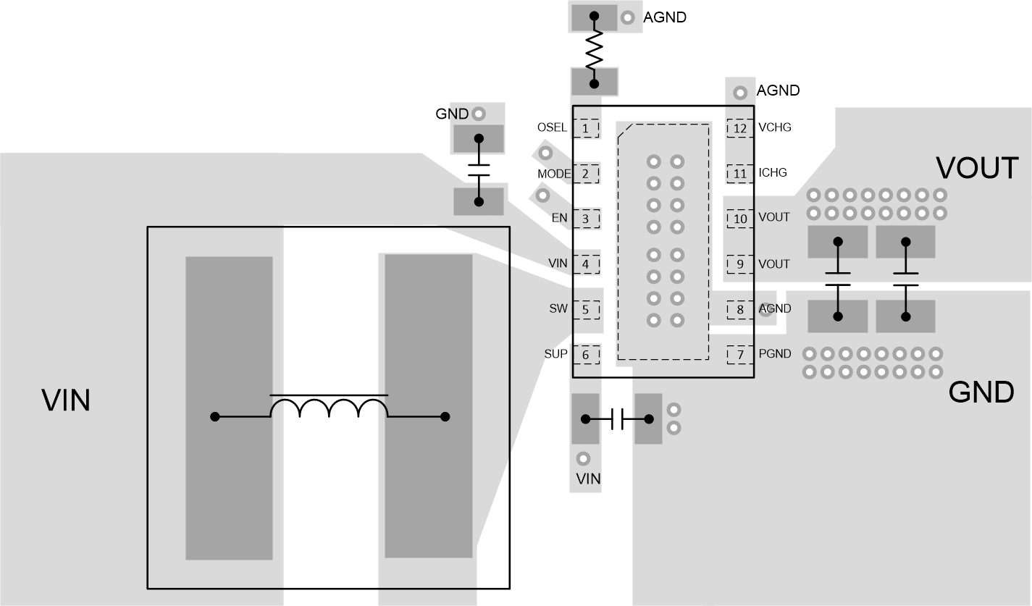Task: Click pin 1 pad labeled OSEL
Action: click(586, 128)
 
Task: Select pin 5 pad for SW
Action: click(586, 310)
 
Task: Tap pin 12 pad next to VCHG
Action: click(739, 128)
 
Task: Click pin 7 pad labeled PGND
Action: click(739, 355)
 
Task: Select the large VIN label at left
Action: click(66, 400)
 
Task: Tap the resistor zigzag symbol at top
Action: click(594, 50)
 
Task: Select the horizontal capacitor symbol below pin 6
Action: click(617, 418)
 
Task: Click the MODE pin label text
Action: click(554, 174)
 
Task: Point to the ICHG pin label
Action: click(772, 173)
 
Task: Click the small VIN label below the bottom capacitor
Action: click(587, 479)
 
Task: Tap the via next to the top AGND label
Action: click(628, 17)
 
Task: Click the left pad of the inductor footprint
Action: click(229, 408)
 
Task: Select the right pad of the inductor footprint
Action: click(428, 405)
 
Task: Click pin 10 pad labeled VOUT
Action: click(739, 219)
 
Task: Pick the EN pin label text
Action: click(559, 218)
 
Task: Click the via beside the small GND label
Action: click(478, 114)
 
